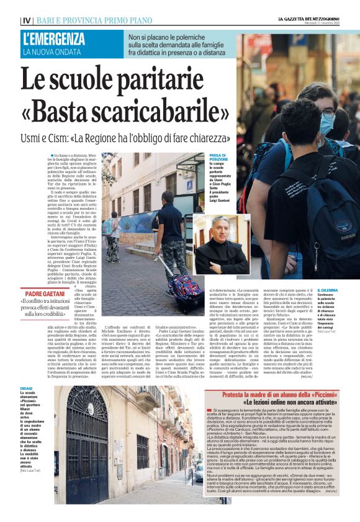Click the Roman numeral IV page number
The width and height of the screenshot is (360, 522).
27,20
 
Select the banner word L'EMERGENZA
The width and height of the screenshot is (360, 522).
54,39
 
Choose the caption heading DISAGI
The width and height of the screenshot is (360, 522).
27,371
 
